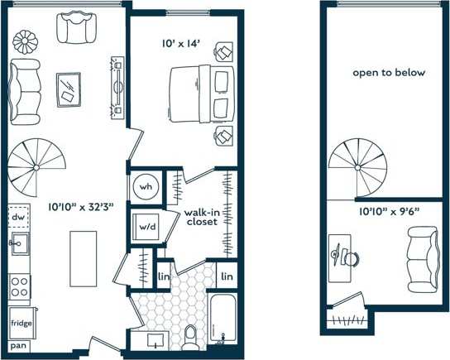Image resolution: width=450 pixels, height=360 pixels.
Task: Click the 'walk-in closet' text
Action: point(202,217)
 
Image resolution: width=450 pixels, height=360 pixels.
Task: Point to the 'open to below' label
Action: point(389,73)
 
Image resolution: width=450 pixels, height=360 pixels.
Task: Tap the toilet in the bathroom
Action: point(191,334)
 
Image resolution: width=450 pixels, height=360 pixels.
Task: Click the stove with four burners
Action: point(20,286)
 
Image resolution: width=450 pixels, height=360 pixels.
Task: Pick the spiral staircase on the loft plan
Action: point(357,169)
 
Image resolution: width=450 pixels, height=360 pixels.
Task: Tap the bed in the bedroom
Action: point(199,94)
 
